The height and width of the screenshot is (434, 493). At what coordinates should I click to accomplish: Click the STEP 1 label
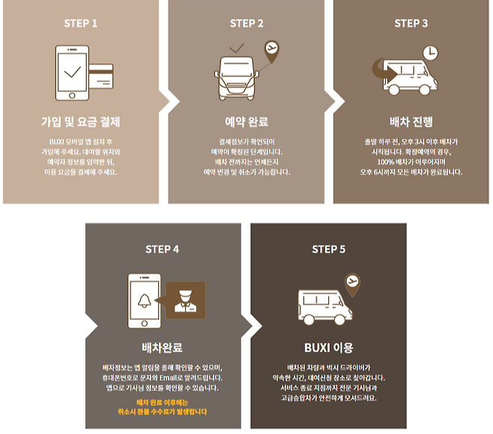click(80, 23)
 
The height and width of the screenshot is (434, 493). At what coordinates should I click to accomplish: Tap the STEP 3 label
click(411, 23)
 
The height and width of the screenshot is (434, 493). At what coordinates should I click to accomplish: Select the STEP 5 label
click(328, 249)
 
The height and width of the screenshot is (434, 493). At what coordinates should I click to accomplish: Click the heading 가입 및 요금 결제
click(80, 122)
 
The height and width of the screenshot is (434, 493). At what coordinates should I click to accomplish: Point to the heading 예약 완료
click(246, 122)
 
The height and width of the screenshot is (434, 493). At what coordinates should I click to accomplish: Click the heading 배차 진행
click(411, 122)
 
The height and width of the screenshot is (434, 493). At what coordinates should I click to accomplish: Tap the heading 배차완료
click(163, 348)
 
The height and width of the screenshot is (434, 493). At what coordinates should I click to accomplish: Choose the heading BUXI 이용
click(328, 348)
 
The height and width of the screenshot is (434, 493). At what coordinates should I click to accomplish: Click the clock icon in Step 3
click(429, 52)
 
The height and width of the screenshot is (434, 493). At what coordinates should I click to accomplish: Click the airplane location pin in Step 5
click(352, 283)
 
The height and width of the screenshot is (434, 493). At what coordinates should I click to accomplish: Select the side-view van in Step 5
click(324, 305)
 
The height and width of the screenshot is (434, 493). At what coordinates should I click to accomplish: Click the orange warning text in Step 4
click(163, 407)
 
